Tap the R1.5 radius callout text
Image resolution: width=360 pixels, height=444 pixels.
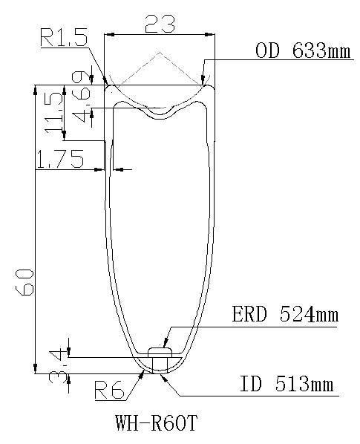(65, 38)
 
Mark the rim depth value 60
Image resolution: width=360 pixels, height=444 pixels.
(24, 283)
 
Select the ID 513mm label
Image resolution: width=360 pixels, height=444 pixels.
(286, 385)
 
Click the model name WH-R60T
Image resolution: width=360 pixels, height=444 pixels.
(158, 425)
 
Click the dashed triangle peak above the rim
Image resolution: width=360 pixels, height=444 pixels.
(159, 52)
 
